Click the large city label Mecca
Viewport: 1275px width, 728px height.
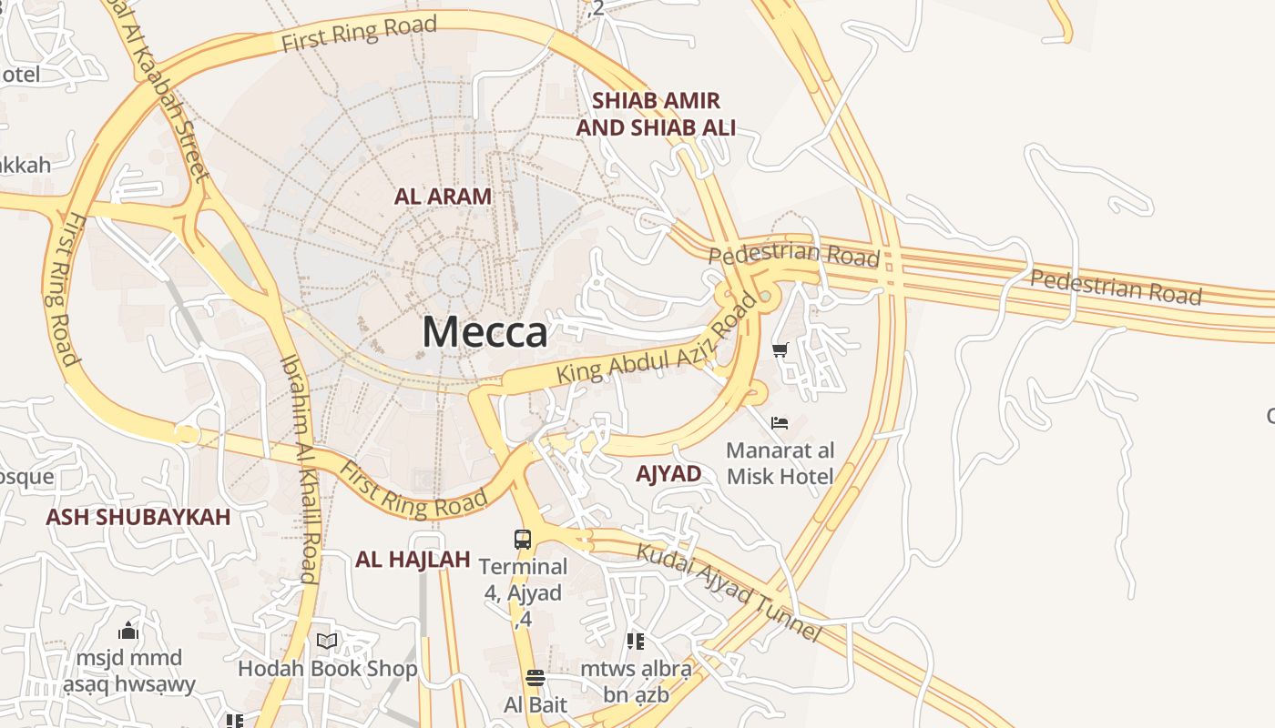(484, 331)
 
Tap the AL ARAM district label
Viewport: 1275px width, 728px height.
(443, 196)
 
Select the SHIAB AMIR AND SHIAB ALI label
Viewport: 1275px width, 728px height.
(656, 114)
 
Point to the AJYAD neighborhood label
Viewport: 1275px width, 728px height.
(668, 473)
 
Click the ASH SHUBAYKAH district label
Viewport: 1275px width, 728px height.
(138, 517)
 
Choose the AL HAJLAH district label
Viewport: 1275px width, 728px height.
(413, 559)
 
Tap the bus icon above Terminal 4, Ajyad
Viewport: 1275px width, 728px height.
(523, 539)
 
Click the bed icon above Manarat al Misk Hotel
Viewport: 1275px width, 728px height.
(780, 423)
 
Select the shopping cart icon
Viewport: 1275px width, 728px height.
(780, 350)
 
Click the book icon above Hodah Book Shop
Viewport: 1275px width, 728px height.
(327, 642)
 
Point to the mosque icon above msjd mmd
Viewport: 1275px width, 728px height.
(128, 631)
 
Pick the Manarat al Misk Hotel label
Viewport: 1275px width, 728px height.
(780, 463)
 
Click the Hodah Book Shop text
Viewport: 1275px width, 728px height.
(328, 669)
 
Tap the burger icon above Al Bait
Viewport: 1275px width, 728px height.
(535, 678)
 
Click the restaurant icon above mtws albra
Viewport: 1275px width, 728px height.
(636, 642)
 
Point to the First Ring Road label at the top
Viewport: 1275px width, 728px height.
(359, 33)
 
